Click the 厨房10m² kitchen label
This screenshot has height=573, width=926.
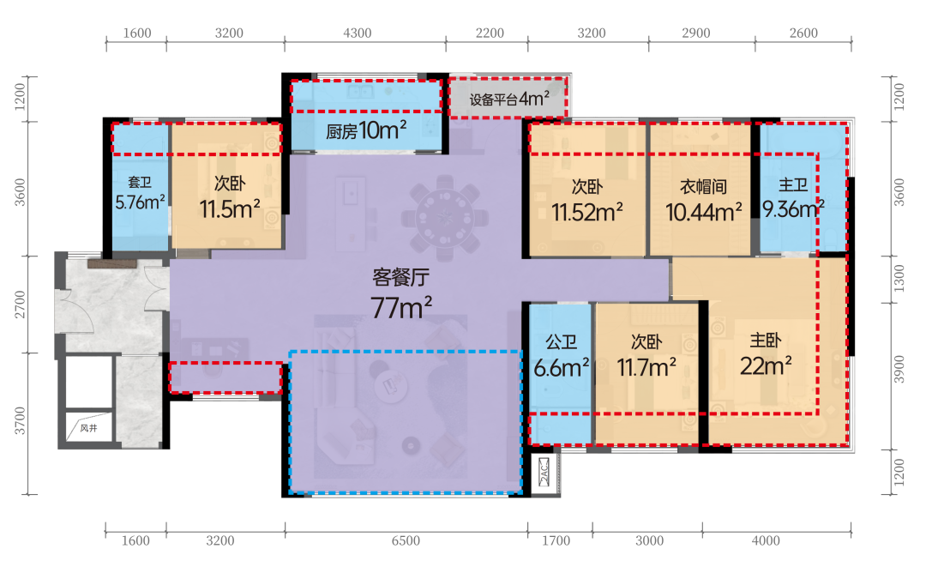pyautogui.click(x=366, y=130)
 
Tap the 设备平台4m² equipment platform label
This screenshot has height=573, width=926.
pyautogui.click(x=509, y=99)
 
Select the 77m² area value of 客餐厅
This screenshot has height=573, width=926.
pyautogui.click(x=401, y=308)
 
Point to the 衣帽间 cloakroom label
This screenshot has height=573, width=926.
pyautogui.click(x=703, y=187)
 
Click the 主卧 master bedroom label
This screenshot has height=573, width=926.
pyautogui.click(x=766, y=341)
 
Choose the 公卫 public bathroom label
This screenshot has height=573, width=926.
pyautogui.click(x=561, y=342)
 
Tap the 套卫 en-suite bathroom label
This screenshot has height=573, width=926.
pyautogui.click(x=140, y=183)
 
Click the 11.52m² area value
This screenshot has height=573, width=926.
pyautogui.click(x=587, y=213)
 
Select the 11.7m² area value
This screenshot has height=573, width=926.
pyautogui.click(x=646, y=367)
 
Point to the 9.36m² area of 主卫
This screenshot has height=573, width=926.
pyautogui.click(x=793, y=208)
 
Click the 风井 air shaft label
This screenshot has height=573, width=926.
pyautogui.click(x=88, y=428)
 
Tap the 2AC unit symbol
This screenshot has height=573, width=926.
pyautogui.click(x=544, y=472)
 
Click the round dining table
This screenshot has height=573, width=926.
pyautogui.click(x=445, y=218)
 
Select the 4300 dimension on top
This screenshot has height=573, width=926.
pyautogui.click(x=358, y=33)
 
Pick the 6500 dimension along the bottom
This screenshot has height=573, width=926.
pyautogui.click(x=406, y=540)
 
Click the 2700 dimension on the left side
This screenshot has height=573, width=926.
pyautogui.click(x=20, y=305)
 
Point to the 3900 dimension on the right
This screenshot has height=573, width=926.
pyautogui.click(x=899, y=369)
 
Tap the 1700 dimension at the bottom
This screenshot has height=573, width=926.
pyautogui.click(x=556, y=540)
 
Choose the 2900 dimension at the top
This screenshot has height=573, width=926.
pyautogui.click(x=695, y=33)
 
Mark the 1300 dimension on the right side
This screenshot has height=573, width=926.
pyautogui.click(x=899, y=278)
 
